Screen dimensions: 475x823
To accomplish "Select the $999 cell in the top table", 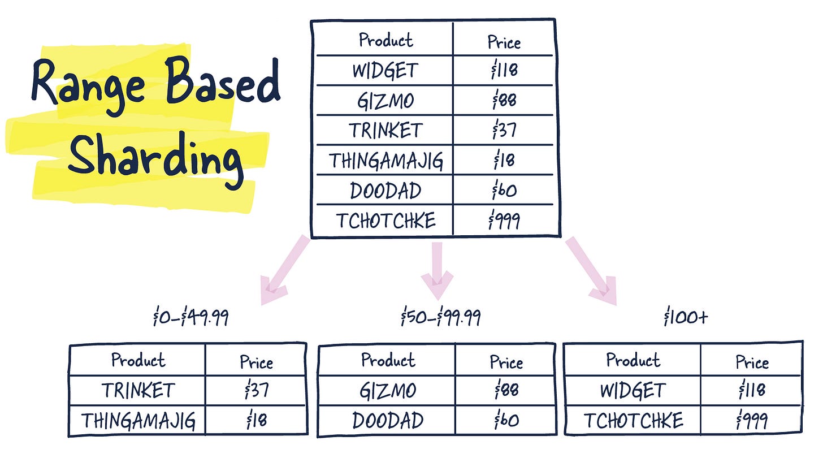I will [504, 220].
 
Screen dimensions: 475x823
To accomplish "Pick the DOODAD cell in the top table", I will [385, 191].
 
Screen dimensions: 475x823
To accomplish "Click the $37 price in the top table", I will [504, 131].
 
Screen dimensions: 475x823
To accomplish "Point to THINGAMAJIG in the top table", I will [386, 161].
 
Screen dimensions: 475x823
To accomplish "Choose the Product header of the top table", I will [386, 40].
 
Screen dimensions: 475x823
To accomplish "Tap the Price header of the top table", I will [504, 42].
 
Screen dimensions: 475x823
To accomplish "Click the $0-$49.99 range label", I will [190, 318].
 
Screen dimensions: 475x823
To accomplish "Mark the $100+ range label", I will [685, 318].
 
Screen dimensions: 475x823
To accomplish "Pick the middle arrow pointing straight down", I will [437, 269].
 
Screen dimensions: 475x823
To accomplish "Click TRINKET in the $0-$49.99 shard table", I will [138, 390].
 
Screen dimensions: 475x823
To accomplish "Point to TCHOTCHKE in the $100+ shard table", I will [633, 420].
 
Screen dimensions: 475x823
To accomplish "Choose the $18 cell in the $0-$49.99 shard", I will [256, 421].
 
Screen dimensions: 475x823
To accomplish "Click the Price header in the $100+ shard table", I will [752, 362].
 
